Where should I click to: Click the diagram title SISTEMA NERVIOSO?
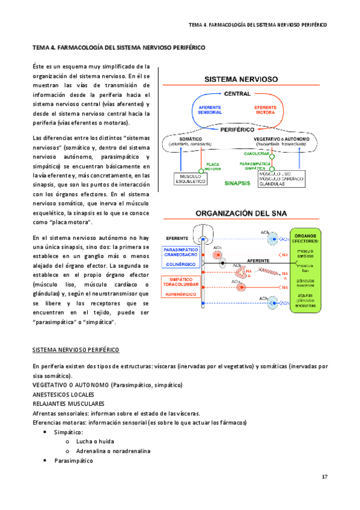pos(240,79)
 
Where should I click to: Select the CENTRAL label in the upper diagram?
pos(237,94)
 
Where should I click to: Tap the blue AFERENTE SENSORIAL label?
pos(210,111)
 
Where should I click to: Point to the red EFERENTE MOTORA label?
pos(264,111)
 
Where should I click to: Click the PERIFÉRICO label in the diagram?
pos(237,129)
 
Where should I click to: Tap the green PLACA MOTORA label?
pos(213,167)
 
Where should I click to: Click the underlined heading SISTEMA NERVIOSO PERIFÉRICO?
pos(75,349)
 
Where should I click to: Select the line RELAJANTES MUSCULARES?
pos(68,404)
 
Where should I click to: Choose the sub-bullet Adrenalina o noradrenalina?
pos(113,451)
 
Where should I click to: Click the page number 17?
pos(325,477)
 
